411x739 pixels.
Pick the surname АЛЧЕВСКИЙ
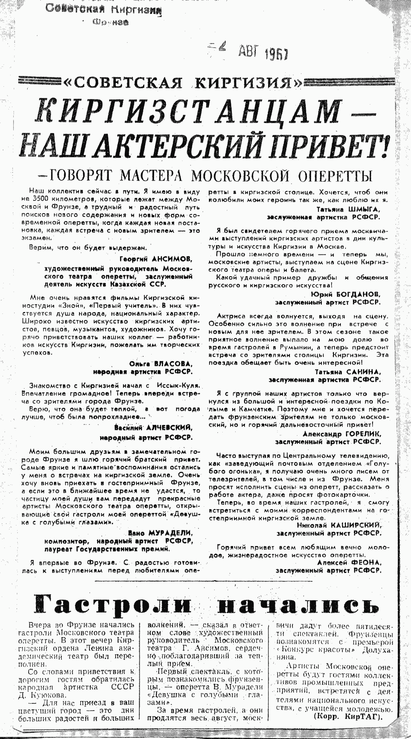tap(169, 428)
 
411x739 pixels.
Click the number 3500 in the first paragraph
tap(37, 199)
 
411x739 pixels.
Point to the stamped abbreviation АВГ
tap(249, 52)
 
